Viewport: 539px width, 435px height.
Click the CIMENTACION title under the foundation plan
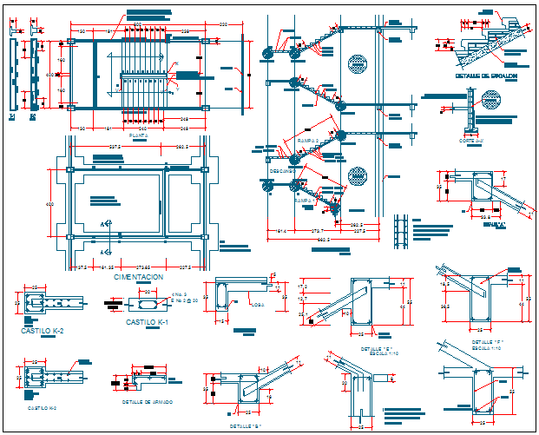[138, 277]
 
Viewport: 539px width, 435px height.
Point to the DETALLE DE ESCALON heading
[486, 76]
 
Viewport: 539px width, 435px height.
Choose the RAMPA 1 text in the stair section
[304, 200]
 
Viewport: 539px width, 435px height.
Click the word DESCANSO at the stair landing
[281, 170]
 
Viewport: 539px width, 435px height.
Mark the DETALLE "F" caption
[487, 343]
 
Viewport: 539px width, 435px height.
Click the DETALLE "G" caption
[246, 425]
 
